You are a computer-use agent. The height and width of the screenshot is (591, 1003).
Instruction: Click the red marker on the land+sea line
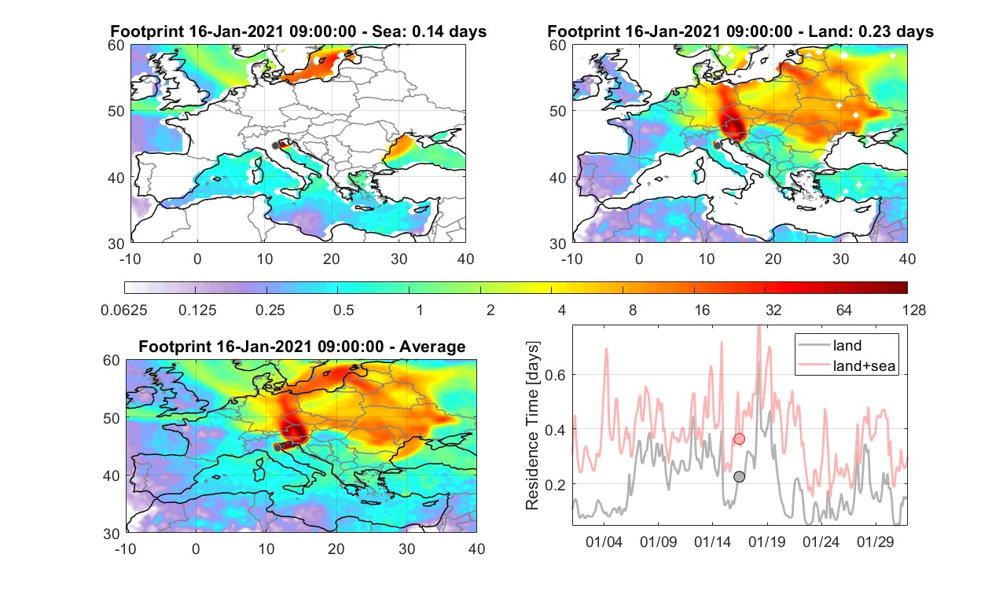click(739, 439)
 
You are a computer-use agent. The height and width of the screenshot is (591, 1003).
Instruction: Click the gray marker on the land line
click(739, 477)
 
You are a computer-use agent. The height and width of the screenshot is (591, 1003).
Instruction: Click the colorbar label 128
click(913, 310)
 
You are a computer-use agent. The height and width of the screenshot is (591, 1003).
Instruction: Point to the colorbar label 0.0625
click(124, 310)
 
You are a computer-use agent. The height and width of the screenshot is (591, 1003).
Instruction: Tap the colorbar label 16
click(702, 310)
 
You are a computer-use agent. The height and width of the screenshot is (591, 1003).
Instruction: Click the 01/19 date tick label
click(767, 542)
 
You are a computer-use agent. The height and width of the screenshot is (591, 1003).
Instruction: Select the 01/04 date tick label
click(604, 542)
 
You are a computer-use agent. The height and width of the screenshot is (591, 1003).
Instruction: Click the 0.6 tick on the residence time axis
click(555, 375)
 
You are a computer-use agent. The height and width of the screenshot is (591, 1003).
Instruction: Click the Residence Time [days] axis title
click(532, 426)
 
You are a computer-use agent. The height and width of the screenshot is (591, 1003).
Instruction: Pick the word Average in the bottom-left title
click(432, 347)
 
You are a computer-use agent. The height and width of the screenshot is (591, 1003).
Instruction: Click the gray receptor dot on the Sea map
click(275, 146)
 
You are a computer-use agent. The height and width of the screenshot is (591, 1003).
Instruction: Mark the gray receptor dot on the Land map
click(718, 145)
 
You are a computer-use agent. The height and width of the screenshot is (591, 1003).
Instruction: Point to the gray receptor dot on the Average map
click(277, 448)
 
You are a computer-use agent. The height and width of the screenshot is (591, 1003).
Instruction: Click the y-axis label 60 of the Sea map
click(116, 46)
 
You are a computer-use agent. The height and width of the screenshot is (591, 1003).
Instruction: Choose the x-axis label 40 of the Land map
click(907, 259)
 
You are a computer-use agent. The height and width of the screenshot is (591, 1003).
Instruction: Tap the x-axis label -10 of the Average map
click(126, 549)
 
